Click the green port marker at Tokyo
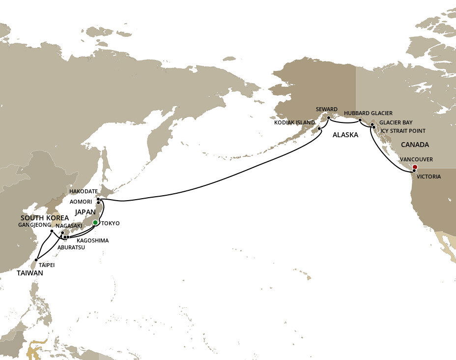click(x=95, y=222)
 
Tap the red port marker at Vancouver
click(x=414, y=167)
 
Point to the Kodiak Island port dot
click(x=319, y=129)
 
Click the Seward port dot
click(x=328, y=118)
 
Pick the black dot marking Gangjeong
click(x=52, y=231)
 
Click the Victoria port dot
click(x=414, y=171)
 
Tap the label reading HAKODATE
click(x=83, y=191)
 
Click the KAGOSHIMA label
click(x=93, y=240)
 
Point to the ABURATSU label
click(x=71, y=247)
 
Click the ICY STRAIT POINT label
click(x=403, y=131)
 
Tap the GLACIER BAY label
click(x=396, y=122)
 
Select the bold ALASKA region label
click(x=345, y=134)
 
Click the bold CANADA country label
click(x=415, y=145)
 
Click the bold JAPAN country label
click(x=85, y=211)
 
